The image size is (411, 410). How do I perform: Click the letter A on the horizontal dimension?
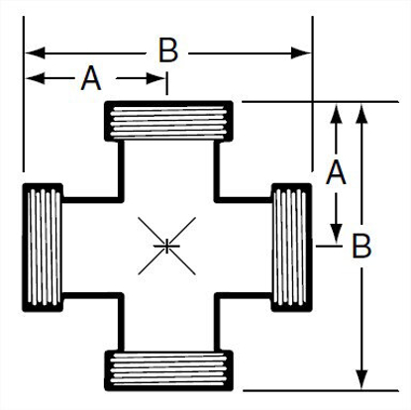91,79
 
